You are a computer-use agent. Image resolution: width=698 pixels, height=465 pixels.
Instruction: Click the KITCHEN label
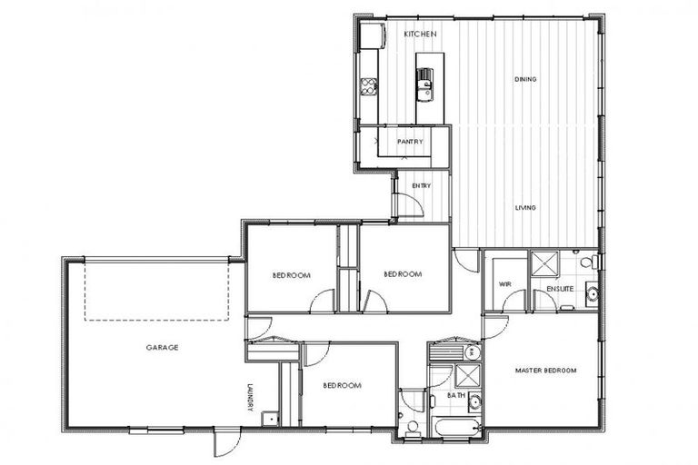(420, 34)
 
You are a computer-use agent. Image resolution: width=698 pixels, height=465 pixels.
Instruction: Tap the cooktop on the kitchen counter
(369, 86)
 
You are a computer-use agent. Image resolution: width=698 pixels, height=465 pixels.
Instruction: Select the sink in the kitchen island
(424, 87)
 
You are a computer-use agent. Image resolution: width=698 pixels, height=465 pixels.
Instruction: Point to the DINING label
(525, 79)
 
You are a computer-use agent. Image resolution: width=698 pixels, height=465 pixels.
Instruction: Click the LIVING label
(525, 208)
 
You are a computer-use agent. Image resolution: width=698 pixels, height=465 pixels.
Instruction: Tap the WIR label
(505, 284)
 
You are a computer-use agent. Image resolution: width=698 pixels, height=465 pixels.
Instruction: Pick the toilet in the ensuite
(588, 262)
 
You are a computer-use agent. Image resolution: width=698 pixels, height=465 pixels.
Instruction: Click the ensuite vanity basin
(591, 292)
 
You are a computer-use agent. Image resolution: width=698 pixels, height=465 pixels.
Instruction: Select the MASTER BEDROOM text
(543, 371)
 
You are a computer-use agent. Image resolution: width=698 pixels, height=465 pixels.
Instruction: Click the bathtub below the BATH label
(455, 427)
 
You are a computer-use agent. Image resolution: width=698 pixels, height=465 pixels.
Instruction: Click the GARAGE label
(161, 347)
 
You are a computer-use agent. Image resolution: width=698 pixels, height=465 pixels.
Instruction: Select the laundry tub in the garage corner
(269, 419)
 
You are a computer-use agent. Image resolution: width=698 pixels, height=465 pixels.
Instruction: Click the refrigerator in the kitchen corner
(372, 36)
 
